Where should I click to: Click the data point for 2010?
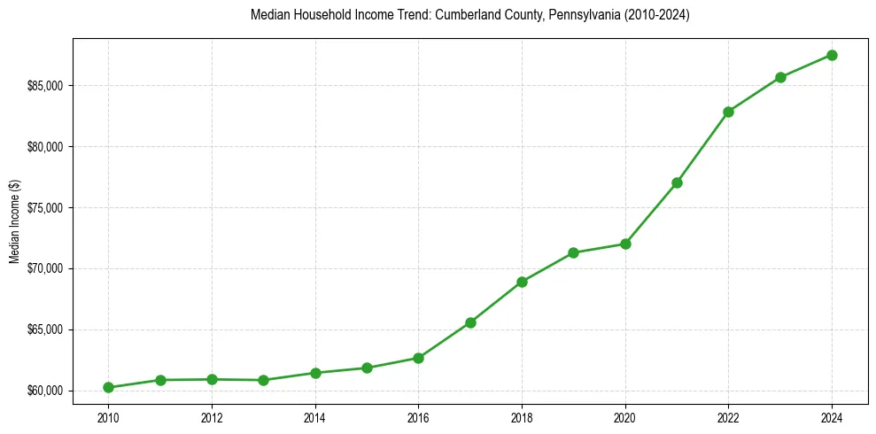pos(108,387)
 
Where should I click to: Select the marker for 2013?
pos(263,380)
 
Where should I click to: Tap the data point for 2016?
pos(418,358)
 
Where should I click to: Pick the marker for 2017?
pos(470,322)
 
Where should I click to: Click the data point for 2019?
pos(573,252)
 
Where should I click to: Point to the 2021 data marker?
pos(677,182)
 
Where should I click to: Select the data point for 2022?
pos(728,112)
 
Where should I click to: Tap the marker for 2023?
pos(780,77)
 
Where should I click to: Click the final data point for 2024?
pos(832,55)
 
